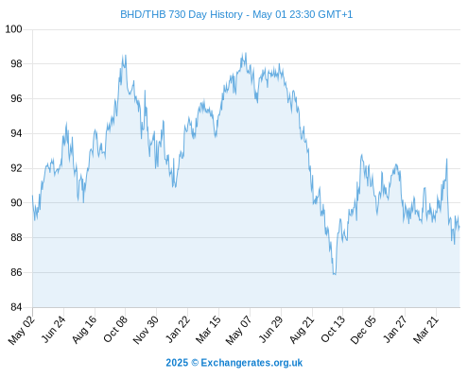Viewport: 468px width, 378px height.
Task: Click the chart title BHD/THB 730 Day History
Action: point(182,15)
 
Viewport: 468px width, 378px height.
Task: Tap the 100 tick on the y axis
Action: point(13,29)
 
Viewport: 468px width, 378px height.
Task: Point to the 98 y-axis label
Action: point(16,64)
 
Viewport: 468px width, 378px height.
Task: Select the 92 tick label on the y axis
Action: point(16,168)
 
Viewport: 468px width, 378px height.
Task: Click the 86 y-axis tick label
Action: point(16,272)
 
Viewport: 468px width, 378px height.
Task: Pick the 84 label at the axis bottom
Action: point(16,307)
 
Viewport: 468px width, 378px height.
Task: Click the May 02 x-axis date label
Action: point(22,330)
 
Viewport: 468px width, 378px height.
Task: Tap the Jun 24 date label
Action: point(54,329)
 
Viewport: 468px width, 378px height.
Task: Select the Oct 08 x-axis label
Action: point(115,329)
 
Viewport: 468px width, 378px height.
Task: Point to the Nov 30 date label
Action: point(146,330)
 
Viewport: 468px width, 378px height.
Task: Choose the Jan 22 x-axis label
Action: point(178,329)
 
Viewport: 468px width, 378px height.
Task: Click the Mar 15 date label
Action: point(208,330)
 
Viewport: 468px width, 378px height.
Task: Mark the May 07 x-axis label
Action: point(238,330)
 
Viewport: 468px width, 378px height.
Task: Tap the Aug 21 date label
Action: point(302,330)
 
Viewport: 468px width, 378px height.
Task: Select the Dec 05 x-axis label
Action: point(363,330)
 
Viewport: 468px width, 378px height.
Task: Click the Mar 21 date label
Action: point(425,330)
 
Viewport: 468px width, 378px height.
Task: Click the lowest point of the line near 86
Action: point(334,274)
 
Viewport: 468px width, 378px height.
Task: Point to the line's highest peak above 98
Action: point(246,53)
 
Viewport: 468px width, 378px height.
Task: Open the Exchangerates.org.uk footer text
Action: point(251,363)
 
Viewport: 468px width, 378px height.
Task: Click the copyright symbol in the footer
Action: point(195,363)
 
